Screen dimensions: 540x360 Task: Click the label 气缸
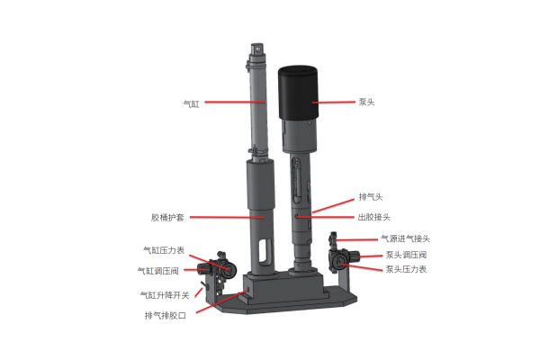pos(192,103)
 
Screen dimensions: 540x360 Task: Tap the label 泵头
pos(366,102)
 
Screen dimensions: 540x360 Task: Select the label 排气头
pos(371,197)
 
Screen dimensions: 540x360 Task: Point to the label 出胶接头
pos(374,217)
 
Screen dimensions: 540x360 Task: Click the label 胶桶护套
pos(167,218)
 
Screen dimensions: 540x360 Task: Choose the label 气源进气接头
pos(405,238)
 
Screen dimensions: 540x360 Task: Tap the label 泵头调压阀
pos(406,255)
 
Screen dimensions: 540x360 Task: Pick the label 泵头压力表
pos(406,269)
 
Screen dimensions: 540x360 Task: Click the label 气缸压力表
pos(164,250)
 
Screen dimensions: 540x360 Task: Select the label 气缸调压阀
pos(158,271)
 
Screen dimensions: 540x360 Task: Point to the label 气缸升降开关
pos(165,295)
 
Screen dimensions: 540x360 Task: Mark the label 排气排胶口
pos(166,315)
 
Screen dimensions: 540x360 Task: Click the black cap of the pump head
pos(298,93)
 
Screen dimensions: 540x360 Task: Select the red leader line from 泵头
pos(333,103)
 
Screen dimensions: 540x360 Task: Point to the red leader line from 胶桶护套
pos(228,218)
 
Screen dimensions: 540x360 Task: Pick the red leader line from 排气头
pos(333,206)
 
